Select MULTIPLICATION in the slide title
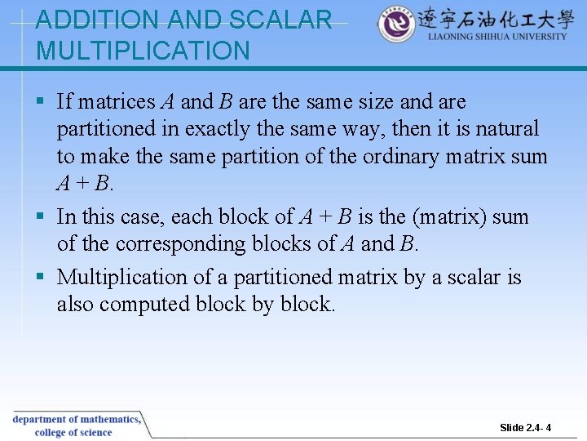point(143,51)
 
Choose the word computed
point(147,305)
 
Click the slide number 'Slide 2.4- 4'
point(525,428)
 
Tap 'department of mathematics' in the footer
point(75,419)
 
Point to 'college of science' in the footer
point(73,432)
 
